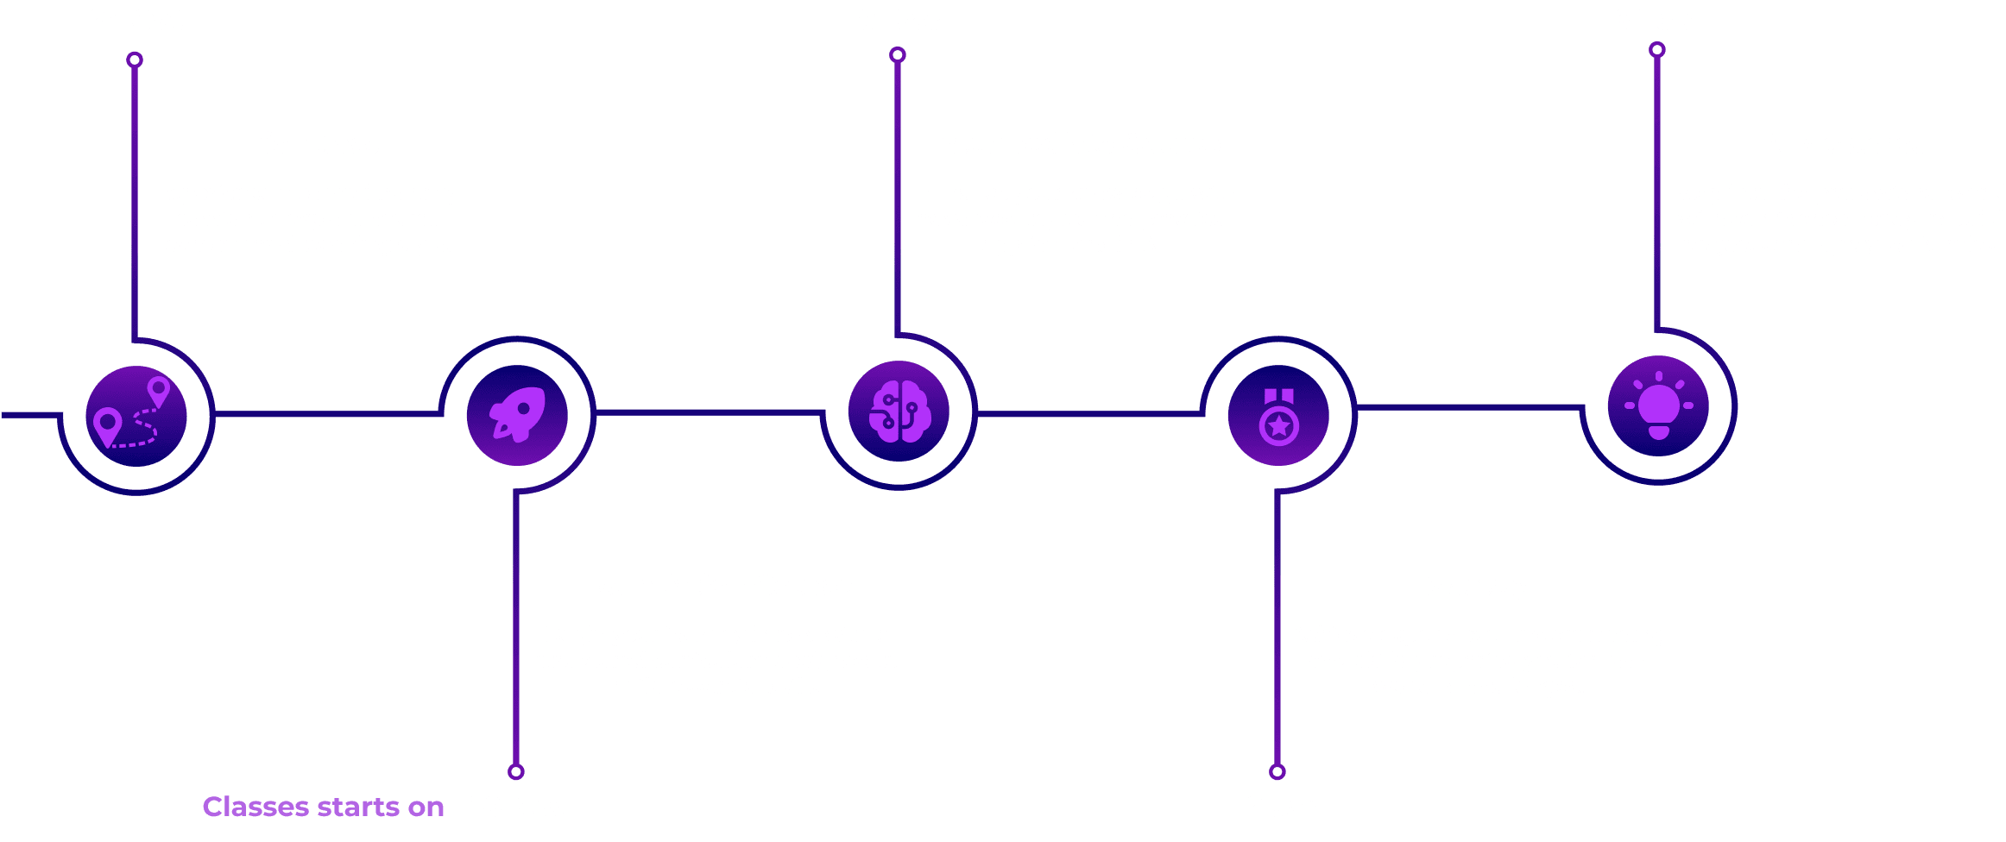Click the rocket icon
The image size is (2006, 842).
[x=517, y=415]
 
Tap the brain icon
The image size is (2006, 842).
[x=899, y=411]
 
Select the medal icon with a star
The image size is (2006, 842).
[x=1278, y=415]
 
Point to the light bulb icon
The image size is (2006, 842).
[x=1658, y=405]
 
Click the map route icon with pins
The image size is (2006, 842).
[x=136, y=416]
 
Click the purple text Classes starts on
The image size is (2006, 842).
[x=323, y=807]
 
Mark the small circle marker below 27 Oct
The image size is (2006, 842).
[x=135, y=60]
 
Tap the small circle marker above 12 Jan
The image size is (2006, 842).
[x=1277, y=771]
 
